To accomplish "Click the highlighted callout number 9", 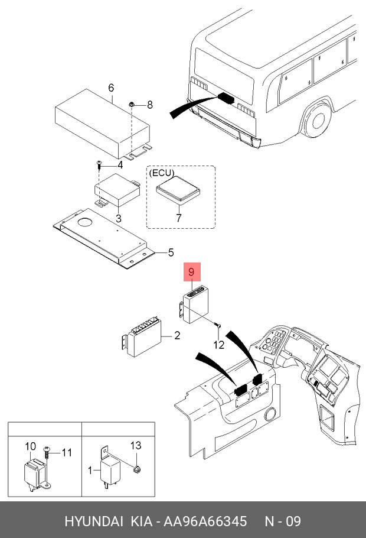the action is point(192,272).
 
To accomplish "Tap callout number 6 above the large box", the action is point(111,88).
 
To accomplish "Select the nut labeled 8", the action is point(131,103).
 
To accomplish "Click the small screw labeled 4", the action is point(99,165).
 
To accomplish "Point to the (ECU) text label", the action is point(161,173).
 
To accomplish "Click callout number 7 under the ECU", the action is point(178,218).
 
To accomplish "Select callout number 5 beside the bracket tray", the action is point(171,253).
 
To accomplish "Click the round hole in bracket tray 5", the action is point(85,222).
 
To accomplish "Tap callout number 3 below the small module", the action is point(119,218).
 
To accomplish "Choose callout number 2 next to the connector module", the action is point(177,335).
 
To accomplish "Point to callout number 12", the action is point(219,345).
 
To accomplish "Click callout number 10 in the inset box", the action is point(31,446).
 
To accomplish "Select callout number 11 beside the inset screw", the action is point(67,452).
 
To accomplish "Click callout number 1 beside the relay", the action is point(90,470).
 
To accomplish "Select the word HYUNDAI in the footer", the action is point(93,521).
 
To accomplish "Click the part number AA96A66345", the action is point(205,521).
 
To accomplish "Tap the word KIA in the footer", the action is point(141,521).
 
